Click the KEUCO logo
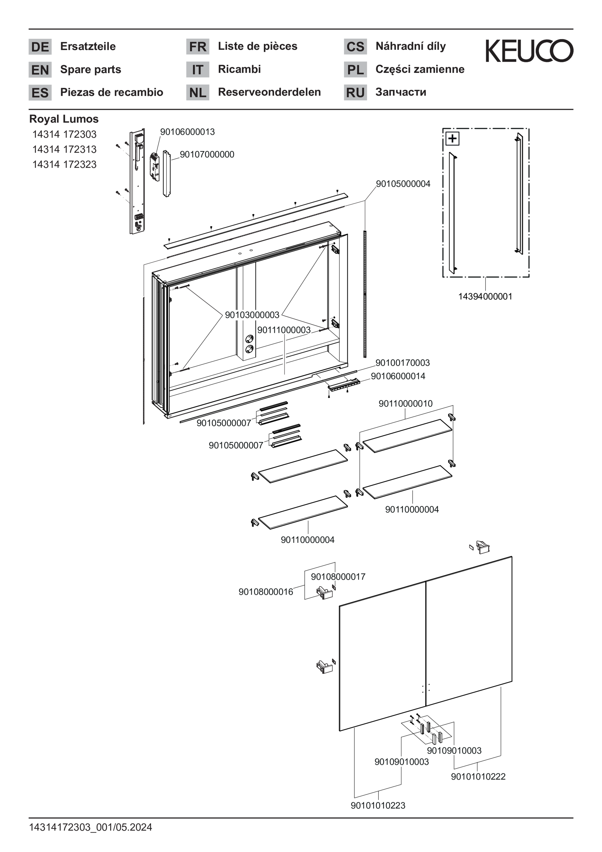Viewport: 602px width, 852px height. coord(529,51)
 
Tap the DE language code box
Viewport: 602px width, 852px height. coord(40,47)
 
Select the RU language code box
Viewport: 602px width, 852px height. coord(355,92)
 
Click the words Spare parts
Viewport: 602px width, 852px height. coord(91,69)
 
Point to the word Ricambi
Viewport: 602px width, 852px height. coord(239,69)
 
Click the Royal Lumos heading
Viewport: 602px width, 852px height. coord(64,119)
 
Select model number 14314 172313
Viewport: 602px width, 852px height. coord(64,149)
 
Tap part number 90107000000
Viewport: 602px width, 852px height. coord(207,154)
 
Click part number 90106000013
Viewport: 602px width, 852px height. coord(187,132)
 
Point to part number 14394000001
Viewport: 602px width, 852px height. coord(485,297)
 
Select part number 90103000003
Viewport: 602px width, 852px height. coord(252,315)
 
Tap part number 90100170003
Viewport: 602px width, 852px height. coord(402,363)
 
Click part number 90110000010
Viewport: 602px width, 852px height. coord(406,403)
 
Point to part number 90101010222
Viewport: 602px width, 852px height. coord(478,776)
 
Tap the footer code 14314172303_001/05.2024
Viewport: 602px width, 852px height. coord(91,827)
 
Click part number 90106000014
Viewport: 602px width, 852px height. coord(398,376)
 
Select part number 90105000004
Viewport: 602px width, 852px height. coord(403,184)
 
